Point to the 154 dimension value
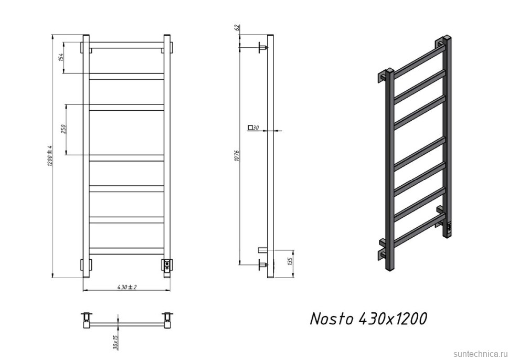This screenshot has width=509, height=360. (61, 57)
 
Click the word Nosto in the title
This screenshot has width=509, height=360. (332, 318)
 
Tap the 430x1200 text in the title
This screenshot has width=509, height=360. (393, 318)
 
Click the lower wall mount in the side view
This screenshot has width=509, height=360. (263, 265)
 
